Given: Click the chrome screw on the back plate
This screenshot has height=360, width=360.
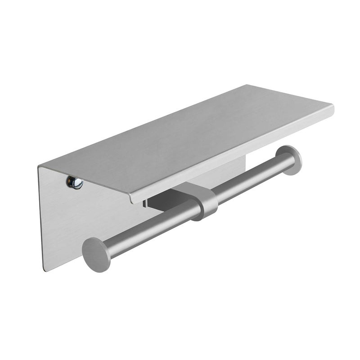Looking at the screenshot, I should click(75, 182).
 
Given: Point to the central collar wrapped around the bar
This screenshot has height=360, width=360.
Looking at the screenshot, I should click(205, 202).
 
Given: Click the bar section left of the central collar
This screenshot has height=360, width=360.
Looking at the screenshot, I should click(148, 227).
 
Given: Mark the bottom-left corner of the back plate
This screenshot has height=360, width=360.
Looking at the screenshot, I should click(44, 270).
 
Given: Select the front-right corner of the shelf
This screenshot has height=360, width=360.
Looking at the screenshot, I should click(333, 108).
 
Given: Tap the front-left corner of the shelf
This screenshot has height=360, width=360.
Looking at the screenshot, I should click(131, 201).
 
